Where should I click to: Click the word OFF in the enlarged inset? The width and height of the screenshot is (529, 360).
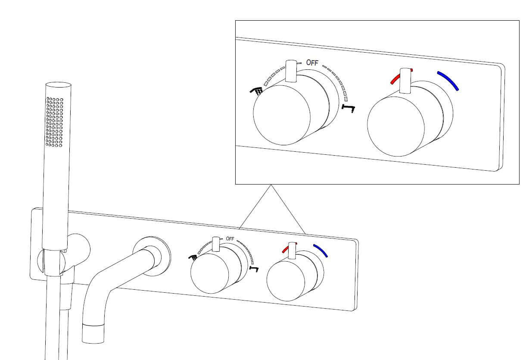tap(312, 63)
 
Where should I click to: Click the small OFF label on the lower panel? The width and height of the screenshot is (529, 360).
tap(230, 239)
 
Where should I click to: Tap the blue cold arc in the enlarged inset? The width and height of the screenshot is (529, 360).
tap(448, 81)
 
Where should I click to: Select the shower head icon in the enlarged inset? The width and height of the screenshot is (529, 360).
tap(256, 91)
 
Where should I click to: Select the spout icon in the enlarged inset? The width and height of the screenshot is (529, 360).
tap(348, 107)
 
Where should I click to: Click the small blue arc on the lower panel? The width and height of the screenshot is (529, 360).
tap(321, 250)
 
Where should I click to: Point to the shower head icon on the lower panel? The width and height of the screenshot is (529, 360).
tap(193, 257)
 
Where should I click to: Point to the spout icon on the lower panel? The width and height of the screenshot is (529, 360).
tap(255, 269)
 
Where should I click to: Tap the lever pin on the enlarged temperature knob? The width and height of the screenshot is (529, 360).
tap(405, 81)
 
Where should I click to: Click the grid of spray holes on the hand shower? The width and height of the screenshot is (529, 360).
tap(55, 122)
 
